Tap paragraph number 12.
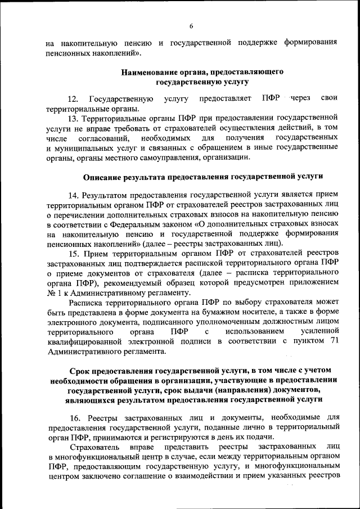point(73,99)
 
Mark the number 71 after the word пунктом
point(331,341)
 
